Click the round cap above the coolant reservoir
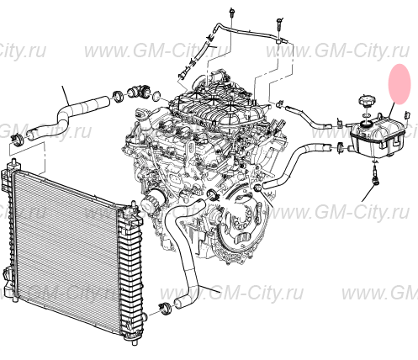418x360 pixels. click(x=367, y=102)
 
